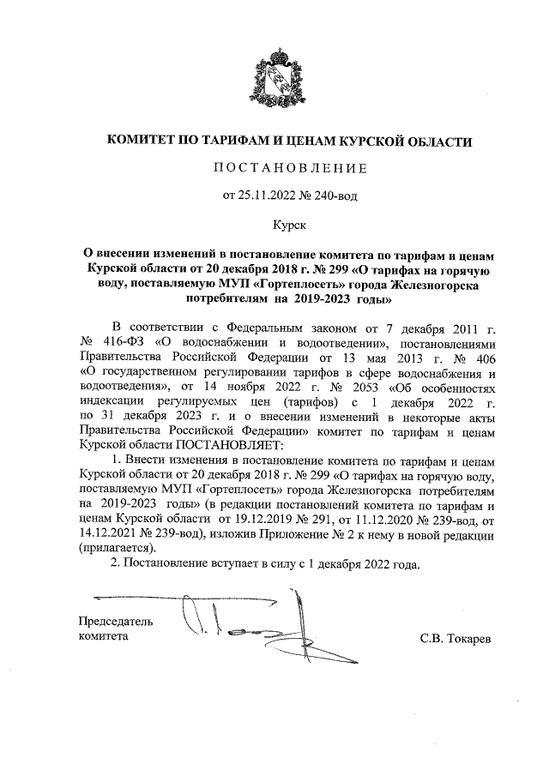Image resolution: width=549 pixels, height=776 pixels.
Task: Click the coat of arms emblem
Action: (274, 82)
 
